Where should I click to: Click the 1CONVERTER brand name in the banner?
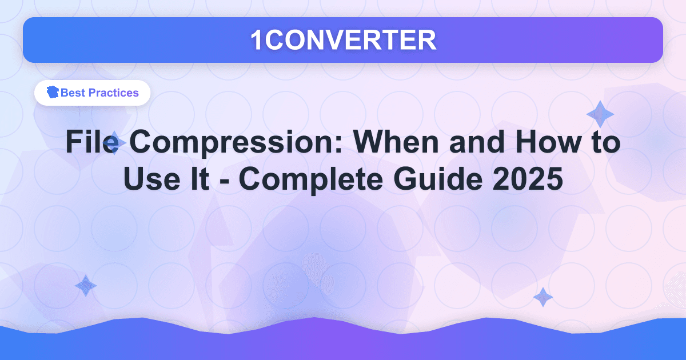coord(343,40)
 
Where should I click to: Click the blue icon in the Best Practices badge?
coord(53,93)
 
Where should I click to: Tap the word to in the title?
coord(605,143)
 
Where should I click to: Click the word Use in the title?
coord(150,180)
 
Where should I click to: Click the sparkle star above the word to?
coord(600,114)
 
